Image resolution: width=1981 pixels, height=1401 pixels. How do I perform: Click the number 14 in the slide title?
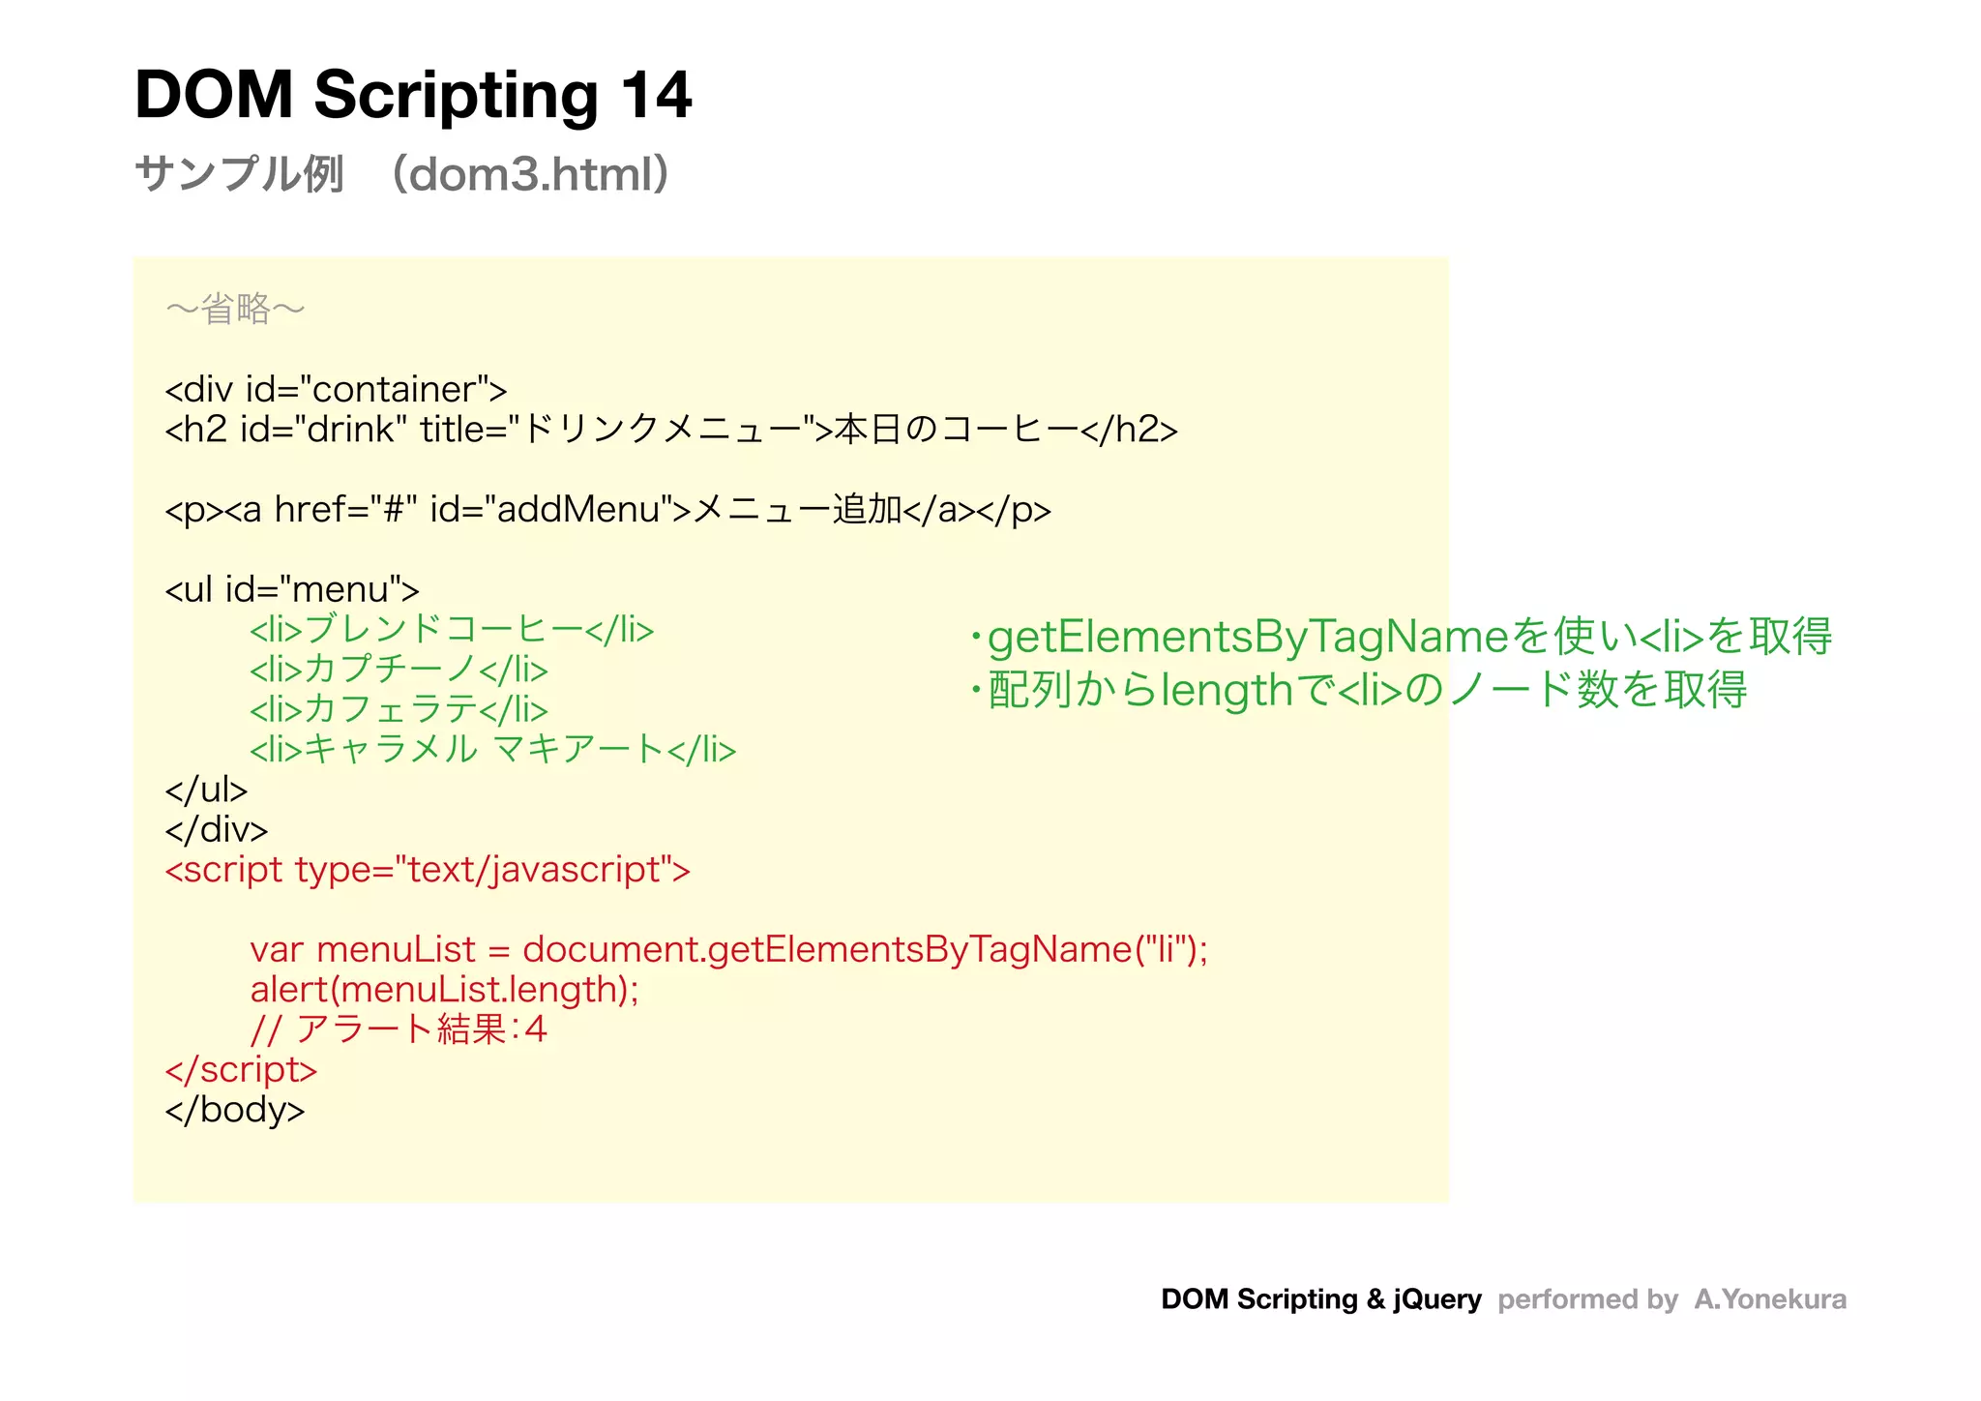[655, 95]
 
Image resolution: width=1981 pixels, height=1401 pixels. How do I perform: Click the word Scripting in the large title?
[456, 97]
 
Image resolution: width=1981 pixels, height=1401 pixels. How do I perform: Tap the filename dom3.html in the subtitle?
[530, 175]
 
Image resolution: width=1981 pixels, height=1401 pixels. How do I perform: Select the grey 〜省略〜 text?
[235, 310]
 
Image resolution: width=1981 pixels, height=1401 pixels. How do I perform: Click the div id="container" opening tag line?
[336, 390]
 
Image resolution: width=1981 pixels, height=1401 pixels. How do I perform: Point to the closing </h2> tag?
[1129, 430]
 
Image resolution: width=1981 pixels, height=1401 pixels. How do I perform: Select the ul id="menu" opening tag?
[292, 589]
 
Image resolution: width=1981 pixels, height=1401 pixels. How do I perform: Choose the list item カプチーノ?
[399, 670]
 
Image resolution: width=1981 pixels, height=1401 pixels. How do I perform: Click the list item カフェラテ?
[399, 709]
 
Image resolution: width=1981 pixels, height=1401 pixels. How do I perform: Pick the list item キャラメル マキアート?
[492, 750]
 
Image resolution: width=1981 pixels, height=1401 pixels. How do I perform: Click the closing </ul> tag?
[206, 790]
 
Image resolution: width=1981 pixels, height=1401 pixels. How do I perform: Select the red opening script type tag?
[428, 870]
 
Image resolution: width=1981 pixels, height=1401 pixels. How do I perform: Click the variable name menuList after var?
[397, 949]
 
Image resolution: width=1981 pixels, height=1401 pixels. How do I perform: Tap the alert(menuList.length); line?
[444, 990]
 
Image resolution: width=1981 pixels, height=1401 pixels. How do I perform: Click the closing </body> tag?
[235, 1110]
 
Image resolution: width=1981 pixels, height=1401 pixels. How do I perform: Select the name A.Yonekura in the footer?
[1769, 1299]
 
